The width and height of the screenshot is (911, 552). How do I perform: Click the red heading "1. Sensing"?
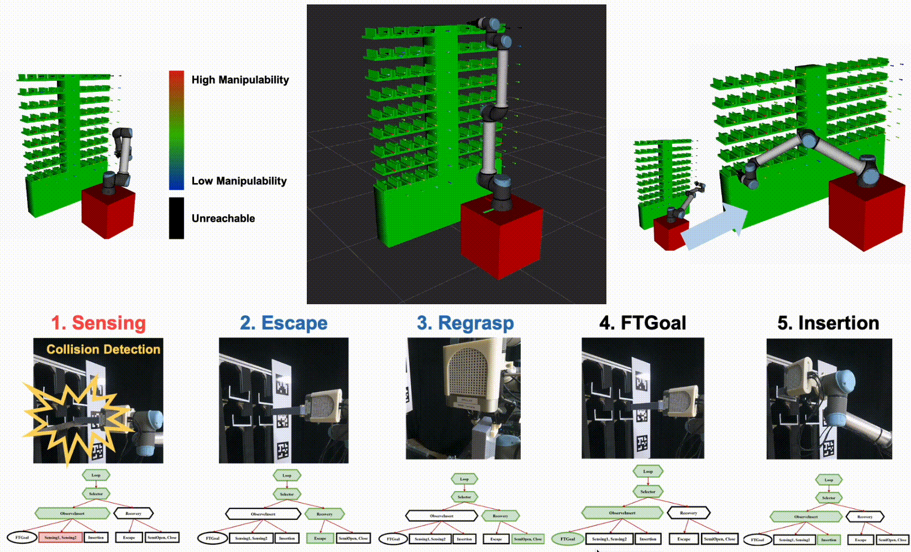[x=98, y=323]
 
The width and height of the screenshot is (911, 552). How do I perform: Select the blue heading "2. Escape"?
[x=284, y=323]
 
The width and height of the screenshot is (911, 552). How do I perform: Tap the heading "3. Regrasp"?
[x=465, y=323]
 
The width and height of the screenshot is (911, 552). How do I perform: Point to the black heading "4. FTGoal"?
[x=642, y=323]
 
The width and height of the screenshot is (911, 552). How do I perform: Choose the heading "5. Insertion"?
[x=828, y=323]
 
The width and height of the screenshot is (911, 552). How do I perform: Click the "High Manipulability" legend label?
[x=240, y=80]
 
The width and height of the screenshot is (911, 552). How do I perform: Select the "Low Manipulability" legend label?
[x=239, y=181]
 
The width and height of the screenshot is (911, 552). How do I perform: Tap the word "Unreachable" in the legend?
[x=223, y=218]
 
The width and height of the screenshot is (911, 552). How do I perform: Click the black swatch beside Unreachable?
[x=176, y=218]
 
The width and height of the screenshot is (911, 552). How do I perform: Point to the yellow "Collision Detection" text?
[x=103, y=350]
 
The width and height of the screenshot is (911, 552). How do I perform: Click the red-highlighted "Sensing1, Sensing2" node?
[x=60, y=537]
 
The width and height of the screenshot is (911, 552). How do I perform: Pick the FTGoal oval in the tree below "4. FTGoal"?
[x=568, y=539]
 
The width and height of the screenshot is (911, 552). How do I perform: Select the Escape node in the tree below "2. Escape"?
[x=320, y=538]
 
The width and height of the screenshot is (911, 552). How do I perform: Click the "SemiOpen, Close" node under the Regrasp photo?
[x=528, y=539]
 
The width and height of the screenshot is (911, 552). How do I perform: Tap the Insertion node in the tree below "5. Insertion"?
[x=828, y=540]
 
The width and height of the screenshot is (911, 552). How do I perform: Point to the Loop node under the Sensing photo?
[x=96, y=475]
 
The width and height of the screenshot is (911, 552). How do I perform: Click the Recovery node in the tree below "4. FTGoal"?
[x=688, y=513]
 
